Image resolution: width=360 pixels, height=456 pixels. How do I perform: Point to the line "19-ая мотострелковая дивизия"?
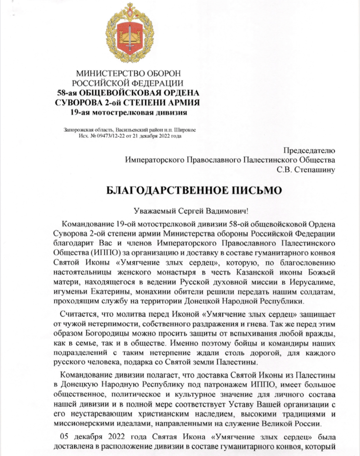coord(128,113)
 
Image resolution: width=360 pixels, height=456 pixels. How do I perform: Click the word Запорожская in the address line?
coord(77,129)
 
